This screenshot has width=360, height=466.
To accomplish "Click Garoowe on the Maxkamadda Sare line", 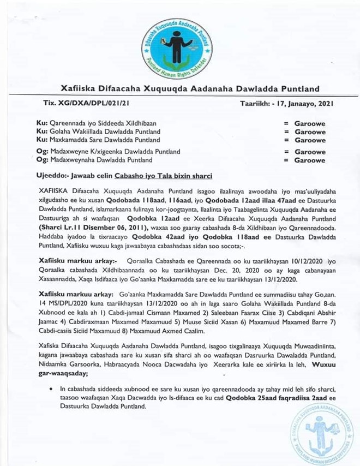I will pyautogui.click(x=310, y=140).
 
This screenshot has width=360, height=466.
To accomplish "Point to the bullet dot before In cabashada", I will pyautogui.click(x=51, y=388).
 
